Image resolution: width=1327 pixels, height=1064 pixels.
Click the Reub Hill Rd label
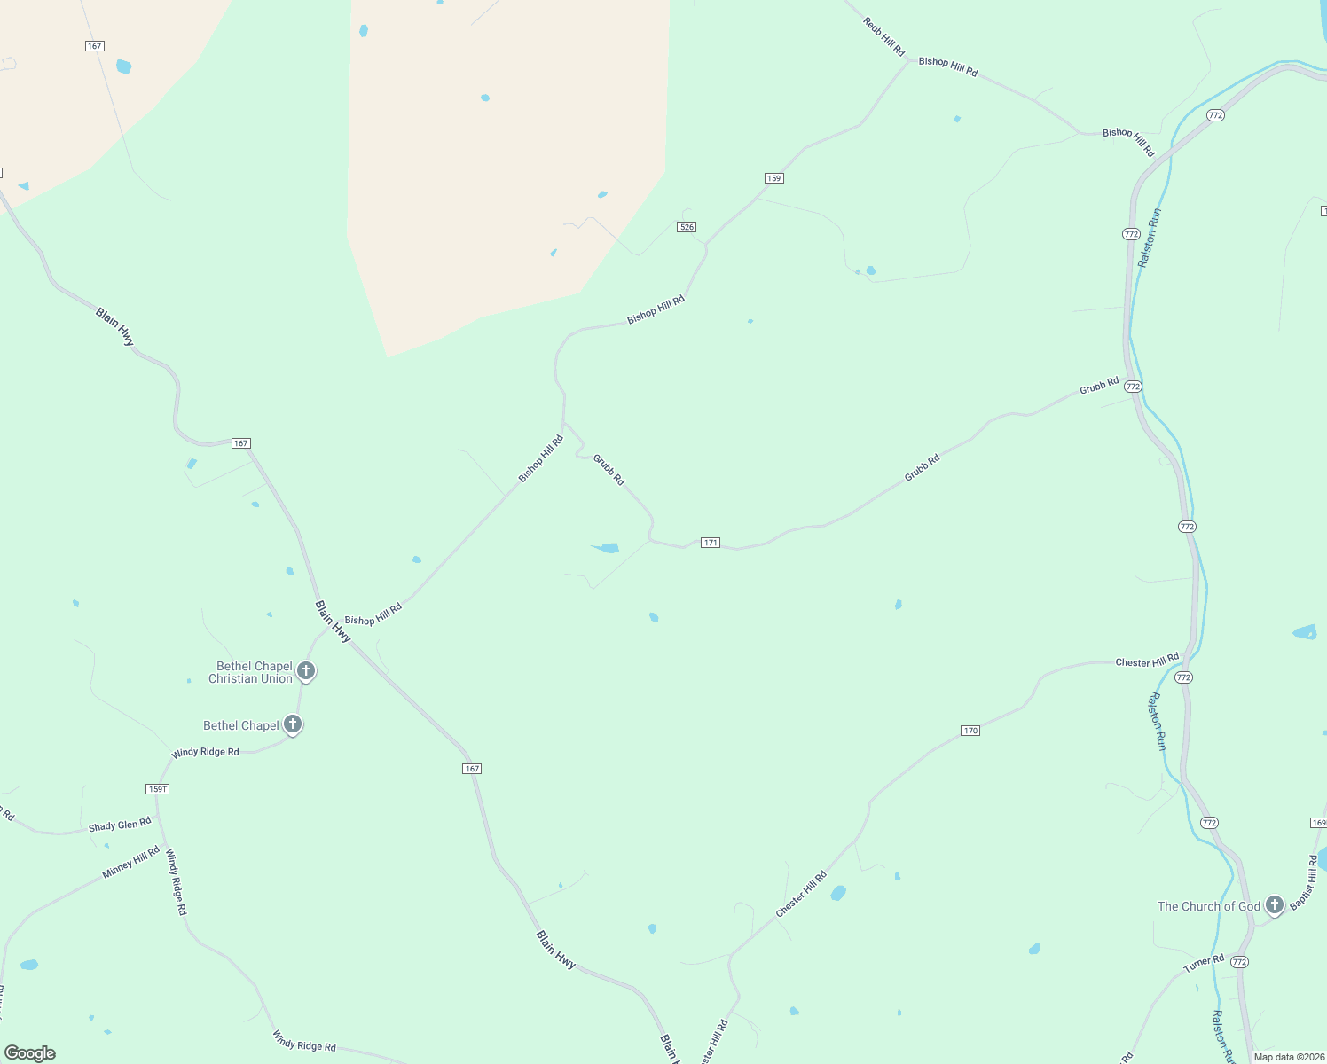point(883,36)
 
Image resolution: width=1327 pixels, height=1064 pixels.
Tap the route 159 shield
point(773,178)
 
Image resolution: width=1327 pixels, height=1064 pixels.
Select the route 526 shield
point(686,227)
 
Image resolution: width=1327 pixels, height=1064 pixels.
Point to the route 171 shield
point(710,543)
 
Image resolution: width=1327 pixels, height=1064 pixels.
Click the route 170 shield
point(970,731)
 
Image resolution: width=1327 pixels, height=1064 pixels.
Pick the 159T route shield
point(157,789)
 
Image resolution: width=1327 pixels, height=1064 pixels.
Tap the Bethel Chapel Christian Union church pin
point(306,670)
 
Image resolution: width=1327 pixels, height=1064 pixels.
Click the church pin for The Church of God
point(1275,905)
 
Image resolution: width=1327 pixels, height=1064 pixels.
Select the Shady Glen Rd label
point(120,825)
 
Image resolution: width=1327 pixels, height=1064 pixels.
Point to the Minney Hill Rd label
point(130,863)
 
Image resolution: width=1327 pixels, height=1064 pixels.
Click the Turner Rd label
point(1204,964)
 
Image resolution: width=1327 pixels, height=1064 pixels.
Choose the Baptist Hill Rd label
point(1304,882)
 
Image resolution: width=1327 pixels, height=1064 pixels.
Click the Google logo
point(30,1053)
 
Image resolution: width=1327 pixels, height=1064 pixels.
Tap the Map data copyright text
point(1289,1057)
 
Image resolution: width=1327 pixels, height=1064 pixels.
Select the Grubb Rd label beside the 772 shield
point(1099,387)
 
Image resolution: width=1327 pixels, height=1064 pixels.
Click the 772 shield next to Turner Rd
point(1239,962)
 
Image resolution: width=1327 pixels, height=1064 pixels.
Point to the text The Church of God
point(1208,906)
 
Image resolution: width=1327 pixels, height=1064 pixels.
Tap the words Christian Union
point(250,679)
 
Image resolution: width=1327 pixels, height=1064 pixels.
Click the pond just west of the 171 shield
point(608,548)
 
